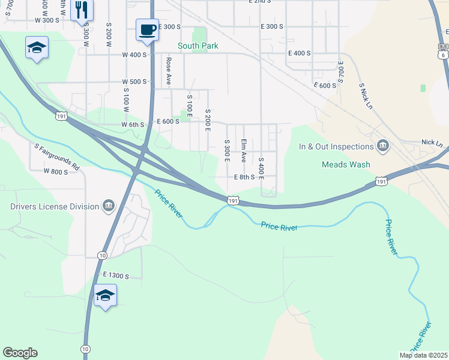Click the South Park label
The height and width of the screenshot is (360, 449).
point(197,46)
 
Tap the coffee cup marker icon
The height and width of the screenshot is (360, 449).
point(147,29)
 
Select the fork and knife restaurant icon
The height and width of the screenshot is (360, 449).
point(82,10)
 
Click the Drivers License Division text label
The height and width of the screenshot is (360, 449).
point(55,206)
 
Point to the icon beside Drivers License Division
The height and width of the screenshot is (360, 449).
point(108,206)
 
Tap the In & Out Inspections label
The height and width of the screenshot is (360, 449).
point(337,146)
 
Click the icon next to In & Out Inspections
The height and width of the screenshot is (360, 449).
point(382,146)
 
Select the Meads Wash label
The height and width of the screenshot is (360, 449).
point(346,164)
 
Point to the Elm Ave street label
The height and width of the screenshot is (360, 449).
point(244,151)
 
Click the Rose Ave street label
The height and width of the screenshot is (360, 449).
point(169,70)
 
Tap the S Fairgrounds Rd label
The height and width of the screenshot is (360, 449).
point(57,155)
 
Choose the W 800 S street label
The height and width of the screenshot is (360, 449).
point(56,171)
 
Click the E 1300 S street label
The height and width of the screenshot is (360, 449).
point(116,275)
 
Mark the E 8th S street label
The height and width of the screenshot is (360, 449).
point(244,177)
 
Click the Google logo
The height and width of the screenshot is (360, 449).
point(20,353)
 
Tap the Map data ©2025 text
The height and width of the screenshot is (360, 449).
point(423,355)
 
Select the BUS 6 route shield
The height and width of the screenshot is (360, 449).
point(443,50)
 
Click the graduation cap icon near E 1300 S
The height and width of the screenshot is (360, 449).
point(105,295)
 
